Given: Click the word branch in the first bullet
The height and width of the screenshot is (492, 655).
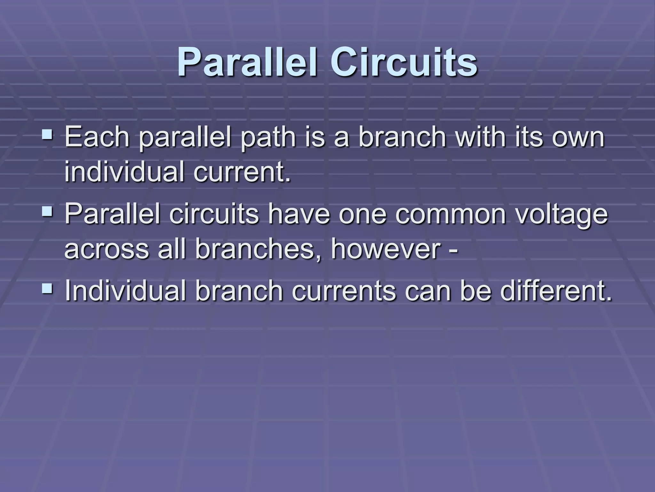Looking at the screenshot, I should tap(402, 137).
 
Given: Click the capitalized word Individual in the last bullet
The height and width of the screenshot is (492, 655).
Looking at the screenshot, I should tap(125, 290).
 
